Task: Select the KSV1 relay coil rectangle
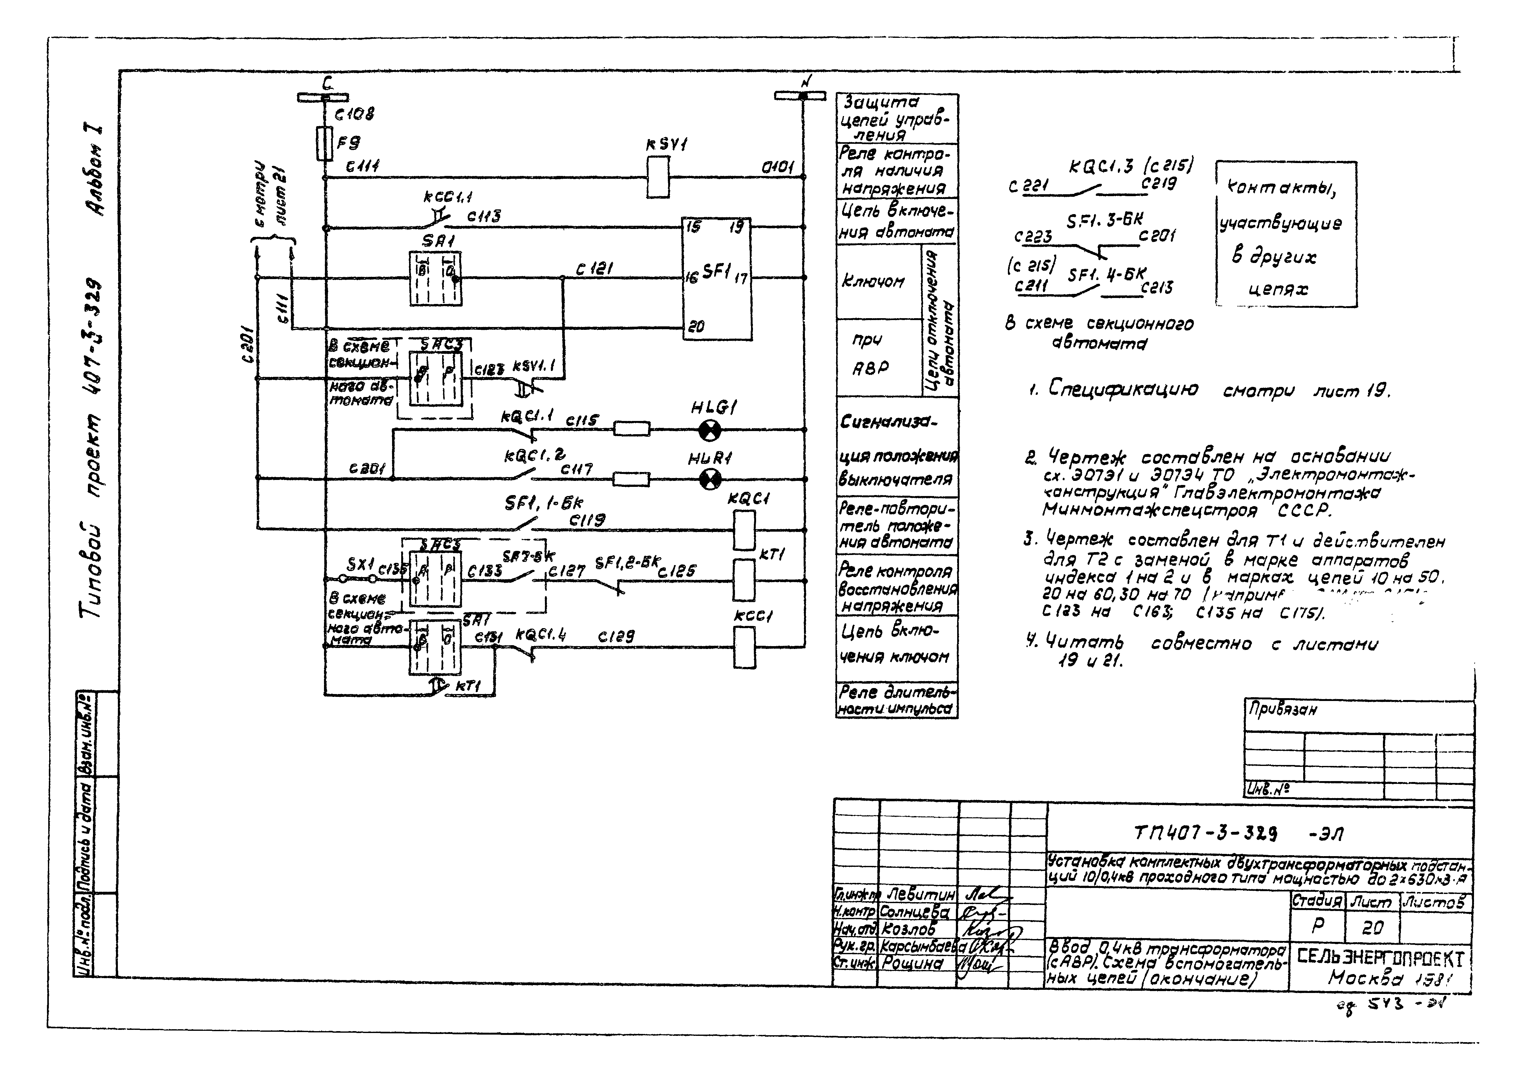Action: [658, 177]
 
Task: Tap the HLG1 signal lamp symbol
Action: [710, 431]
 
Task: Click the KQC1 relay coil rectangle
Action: [744, 530]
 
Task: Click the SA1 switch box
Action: [435, 279]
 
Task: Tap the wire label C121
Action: [593, 269]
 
